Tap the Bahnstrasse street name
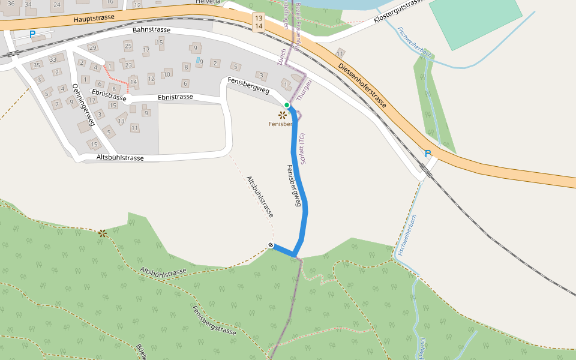(x=151, y=30)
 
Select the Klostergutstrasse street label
(x=398, y=11)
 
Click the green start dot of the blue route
(x=287, y=106)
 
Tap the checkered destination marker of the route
(x=271, y=245)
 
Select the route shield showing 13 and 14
(x=258, y=22)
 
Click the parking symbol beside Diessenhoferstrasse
(x=428, y=154)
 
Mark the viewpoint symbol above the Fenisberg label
(x=282, y=114)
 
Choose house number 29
(x=92, y=47)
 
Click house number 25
(x=128, y=46)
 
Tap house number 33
(x=53, y=59)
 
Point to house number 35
(x=37, y=65)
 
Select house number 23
(x=128, y=65)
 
